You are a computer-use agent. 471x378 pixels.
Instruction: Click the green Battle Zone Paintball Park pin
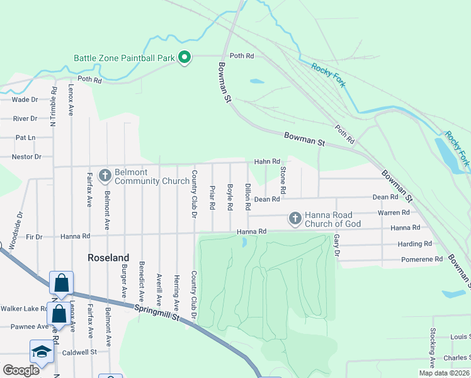184,58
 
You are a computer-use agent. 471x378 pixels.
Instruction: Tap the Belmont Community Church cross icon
105,173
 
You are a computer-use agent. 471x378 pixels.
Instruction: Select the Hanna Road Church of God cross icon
295,219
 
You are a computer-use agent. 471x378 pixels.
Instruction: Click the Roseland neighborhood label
108,258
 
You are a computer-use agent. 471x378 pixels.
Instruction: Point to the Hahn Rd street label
266,162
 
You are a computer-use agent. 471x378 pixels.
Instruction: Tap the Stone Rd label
283,181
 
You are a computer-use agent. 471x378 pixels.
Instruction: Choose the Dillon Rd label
248,197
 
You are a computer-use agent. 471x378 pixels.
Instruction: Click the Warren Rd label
394,213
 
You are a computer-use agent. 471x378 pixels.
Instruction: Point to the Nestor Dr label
27,156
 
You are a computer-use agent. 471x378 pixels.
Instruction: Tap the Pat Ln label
25,137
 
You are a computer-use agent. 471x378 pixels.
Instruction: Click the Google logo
21,370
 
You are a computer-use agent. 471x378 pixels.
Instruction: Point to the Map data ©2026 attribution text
444,373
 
